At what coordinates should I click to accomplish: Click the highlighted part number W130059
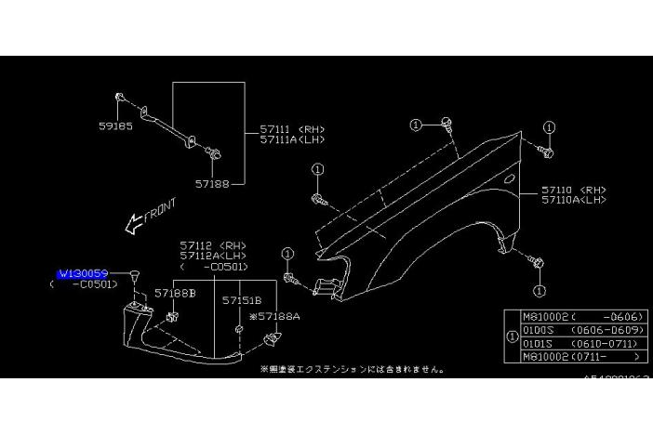(83, 273)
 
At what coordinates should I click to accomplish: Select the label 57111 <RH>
(285, 129)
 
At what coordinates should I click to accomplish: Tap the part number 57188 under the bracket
(211, 184)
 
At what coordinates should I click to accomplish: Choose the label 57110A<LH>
(574, 199)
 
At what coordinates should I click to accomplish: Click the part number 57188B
(176, 293)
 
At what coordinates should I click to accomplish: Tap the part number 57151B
(241, 301)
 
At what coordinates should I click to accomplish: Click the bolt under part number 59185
(122, 98)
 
